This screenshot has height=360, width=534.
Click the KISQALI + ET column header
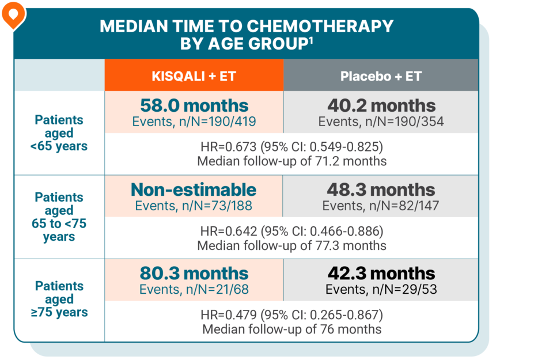[x=194, y=76]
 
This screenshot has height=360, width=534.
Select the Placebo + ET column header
[x=381, y=76]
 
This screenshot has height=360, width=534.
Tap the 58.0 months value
[x=194, y=105]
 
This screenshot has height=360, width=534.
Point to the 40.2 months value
[x=381, y=105]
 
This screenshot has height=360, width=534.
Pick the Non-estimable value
[x=194, y=190]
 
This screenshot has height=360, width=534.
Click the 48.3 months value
[x=381, y=190]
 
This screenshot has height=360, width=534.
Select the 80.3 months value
[x=194, y=273]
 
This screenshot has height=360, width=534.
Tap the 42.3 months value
[x=381, y=273]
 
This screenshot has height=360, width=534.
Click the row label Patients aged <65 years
[x=59, y=133]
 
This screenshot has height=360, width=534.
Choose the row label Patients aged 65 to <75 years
[x=59, y=217]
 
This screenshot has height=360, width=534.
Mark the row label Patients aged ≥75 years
[x=59, y=300]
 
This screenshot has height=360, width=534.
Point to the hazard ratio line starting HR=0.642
[x=291, y=232]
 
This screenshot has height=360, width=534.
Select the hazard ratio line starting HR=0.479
[x=291, y=316]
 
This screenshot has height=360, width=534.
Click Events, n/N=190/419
[x=194, y=122]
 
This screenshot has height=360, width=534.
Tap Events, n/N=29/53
[x=381, y=289]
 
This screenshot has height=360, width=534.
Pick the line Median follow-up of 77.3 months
[x=291, y=245]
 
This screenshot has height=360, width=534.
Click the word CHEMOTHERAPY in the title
[x=320, y=26]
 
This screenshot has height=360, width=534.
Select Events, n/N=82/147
[x=381, y=206]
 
